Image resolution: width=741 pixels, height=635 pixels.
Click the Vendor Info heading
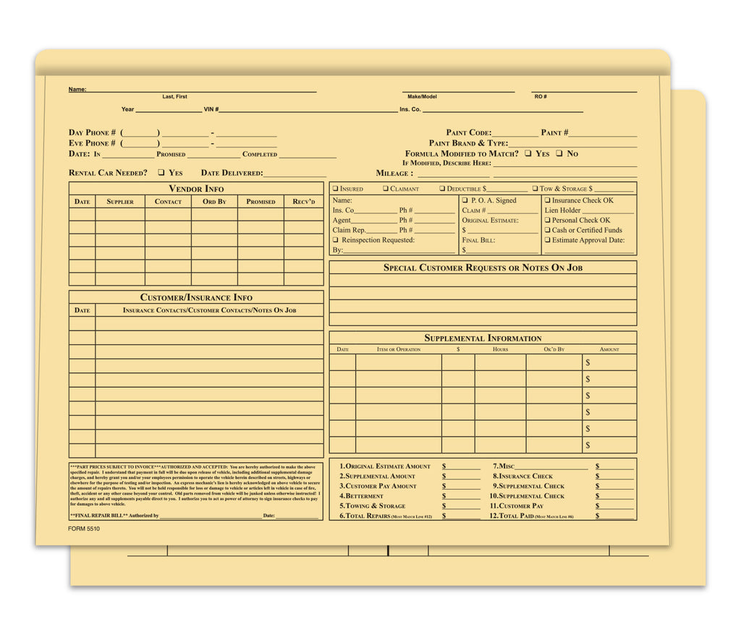[x=196, y=189]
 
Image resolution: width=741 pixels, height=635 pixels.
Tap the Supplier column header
[x=120, y=202]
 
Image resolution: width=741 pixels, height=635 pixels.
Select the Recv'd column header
[x=304, y=202]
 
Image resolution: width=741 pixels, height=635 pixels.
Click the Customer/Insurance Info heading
[x=196, y=297]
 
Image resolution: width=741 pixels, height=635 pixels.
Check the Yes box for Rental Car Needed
[x=161, y=173]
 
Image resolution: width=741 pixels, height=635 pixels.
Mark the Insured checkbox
[x=335, y=189]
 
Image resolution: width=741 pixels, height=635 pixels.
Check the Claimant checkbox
[x=386, y=189]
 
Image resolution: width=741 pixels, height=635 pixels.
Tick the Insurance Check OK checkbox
[x=548, y=200]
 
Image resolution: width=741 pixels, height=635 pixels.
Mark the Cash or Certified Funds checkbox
[x=548, y=230]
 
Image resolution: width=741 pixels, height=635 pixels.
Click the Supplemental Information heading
[x=483, y=338]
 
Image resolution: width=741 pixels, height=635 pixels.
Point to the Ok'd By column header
[x=554, y=350]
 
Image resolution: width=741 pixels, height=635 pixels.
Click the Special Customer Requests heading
[x=483, y=268]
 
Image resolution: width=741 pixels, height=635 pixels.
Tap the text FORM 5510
[x=85, y=529]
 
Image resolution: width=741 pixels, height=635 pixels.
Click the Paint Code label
[x=468, y=133]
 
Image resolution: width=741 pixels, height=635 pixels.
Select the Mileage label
[x=394, y=174]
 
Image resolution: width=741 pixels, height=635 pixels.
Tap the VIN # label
[x=211, y=110]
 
